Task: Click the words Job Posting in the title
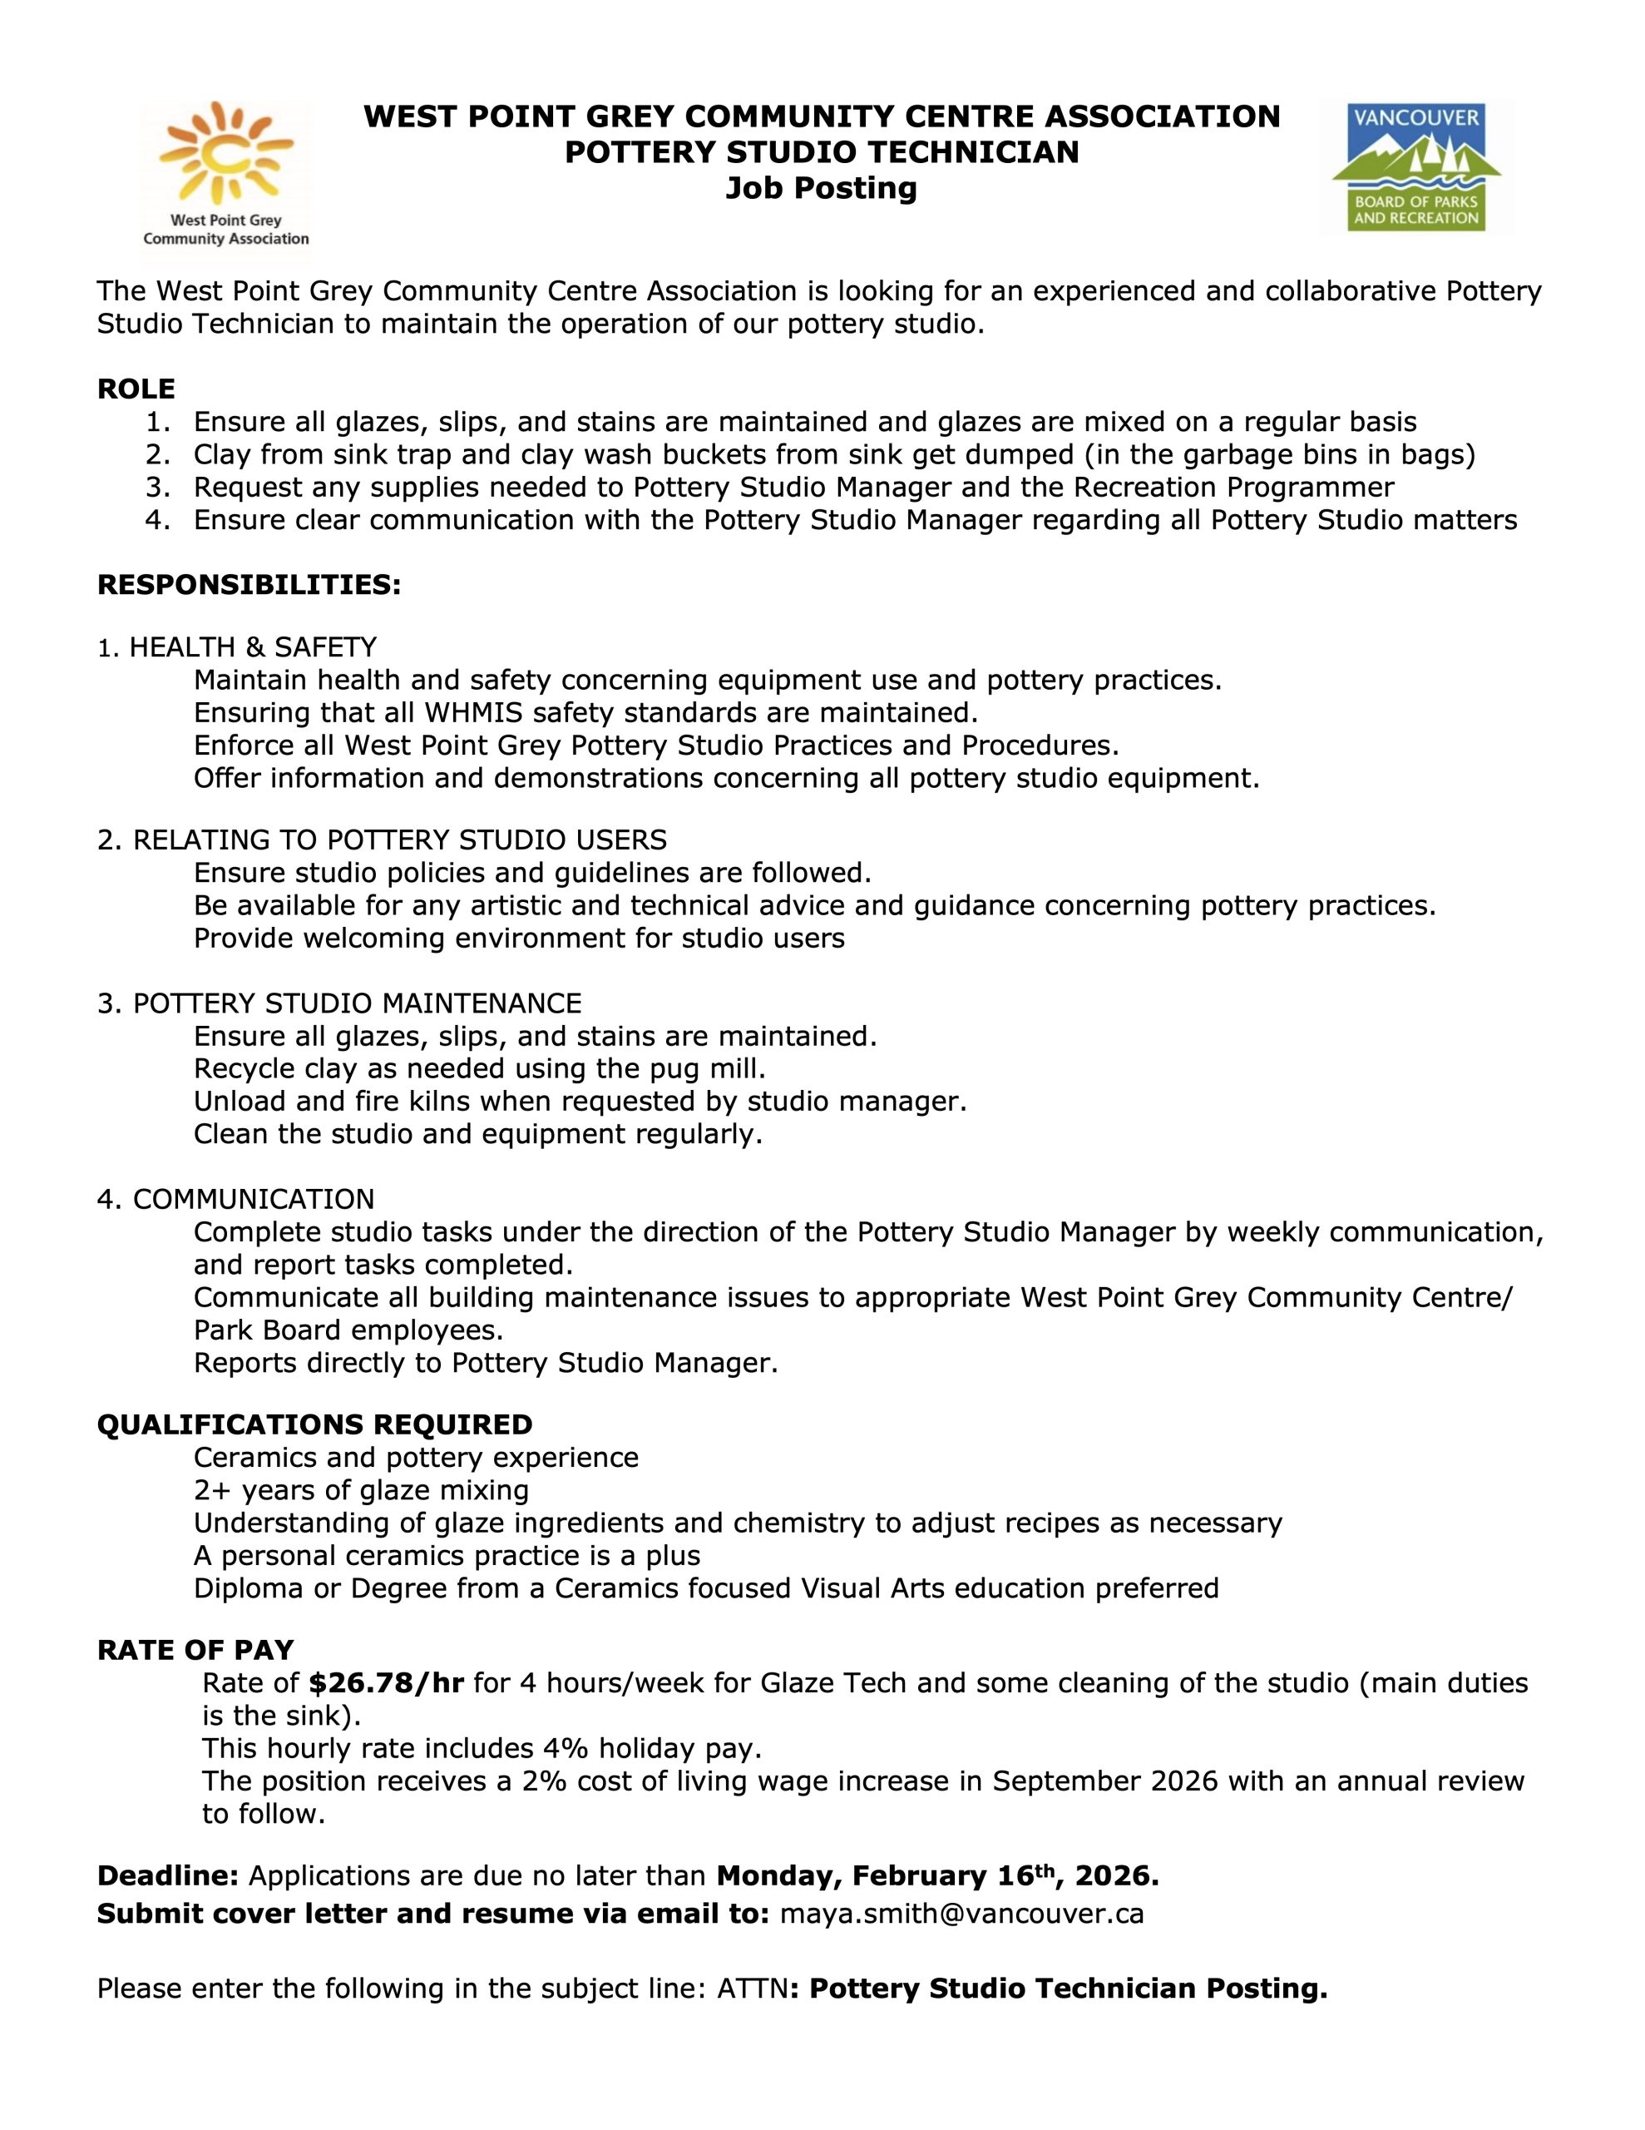tap(821, 187)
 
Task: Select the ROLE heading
tap(136, 389)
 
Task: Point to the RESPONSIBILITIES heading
tap(249, 584)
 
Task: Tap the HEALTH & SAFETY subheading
tap(253, 646)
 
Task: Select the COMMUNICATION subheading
tap(253, 1199)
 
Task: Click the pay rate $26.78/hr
tap(385, 1682)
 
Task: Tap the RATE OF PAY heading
tap(195, 1649)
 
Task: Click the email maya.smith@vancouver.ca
tap(961, 1913)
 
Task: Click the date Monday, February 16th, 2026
tap(937, 1875)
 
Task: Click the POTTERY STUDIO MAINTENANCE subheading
tap(357, 1003)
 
